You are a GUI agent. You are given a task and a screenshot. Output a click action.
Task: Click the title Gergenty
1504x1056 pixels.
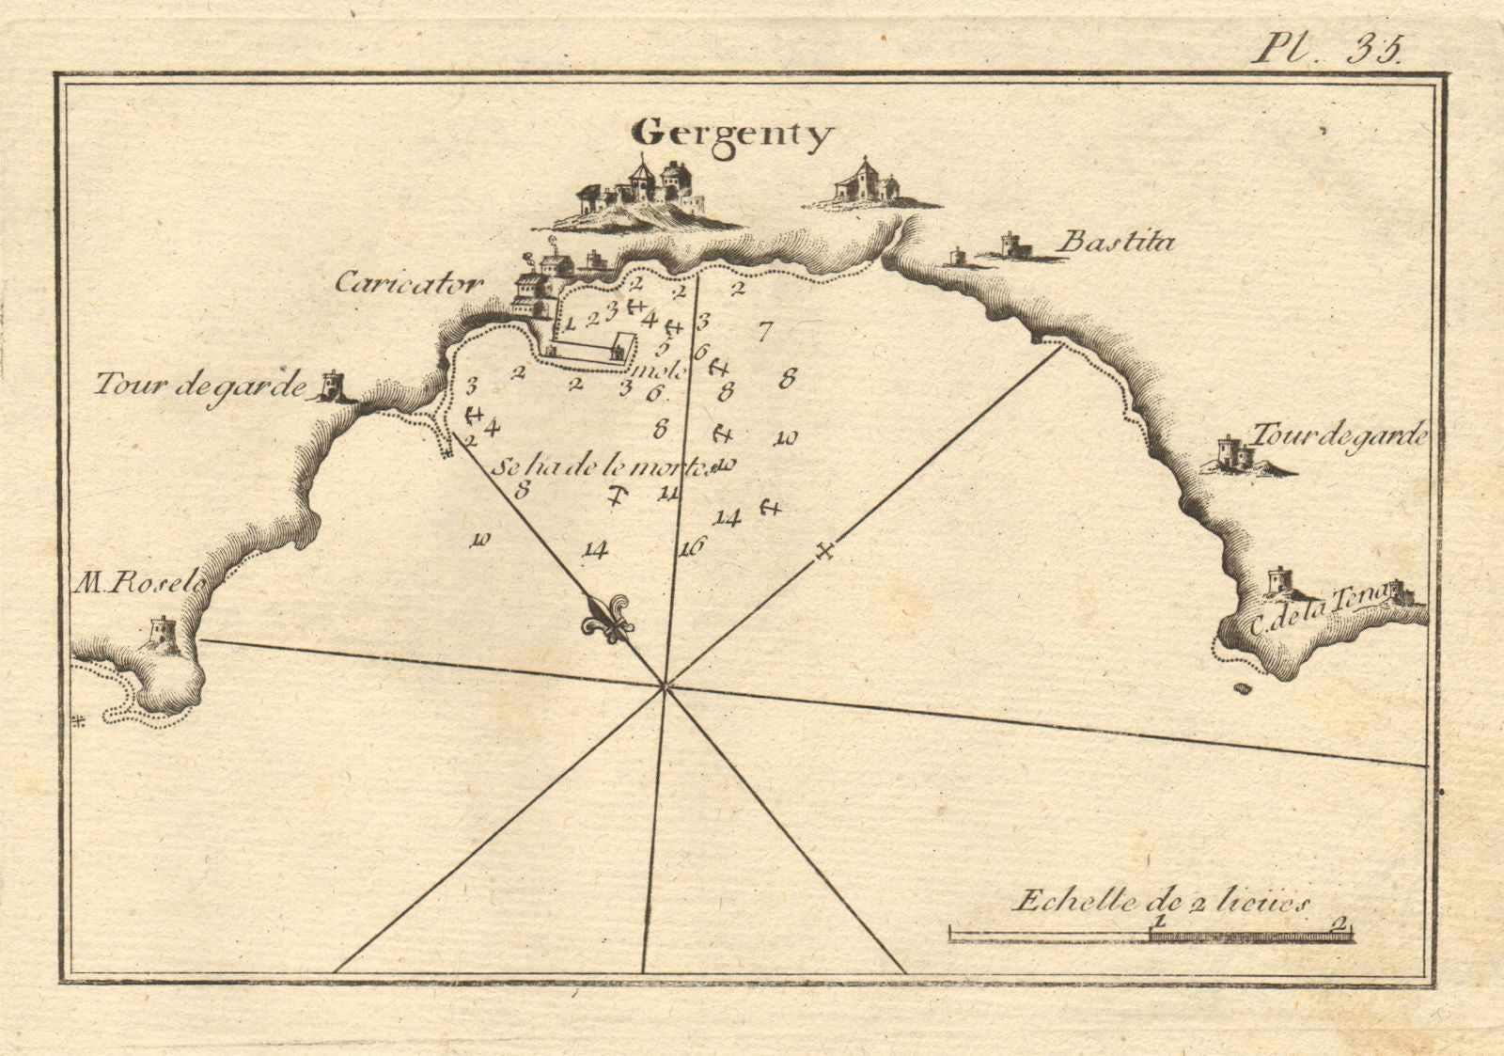click(732, 135)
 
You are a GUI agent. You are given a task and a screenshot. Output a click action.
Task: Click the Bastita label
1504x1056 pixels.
click(1116, 243)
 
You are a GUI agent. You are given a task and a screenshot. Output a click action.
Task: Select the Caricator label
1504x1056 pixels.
click(409, 283)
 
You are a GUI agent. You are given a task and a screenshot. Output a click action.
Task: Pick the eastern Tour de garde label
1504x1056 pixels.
click(1339, 435)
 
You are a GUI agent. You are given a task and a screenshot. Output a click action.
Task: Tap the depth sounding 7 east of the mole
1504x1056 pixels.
click(764, 331)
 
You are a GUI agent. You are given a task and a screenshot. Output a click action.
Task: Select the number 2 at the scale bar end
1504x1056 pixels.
click(1338, 922)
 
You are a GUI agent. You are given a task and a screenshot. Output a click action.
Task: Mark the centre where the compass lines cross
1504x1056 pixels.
click(665, 687)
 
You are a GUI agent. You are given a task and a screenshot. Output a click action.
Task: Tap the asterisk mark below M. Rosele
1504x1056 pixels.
click(79, 721)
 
